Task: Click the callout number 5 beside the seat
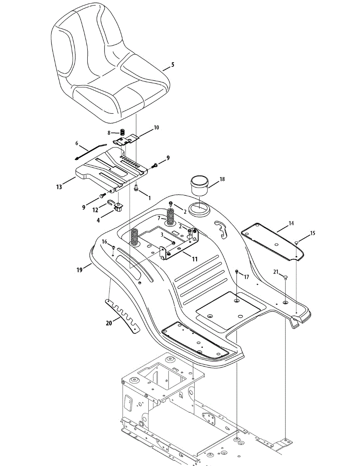172,65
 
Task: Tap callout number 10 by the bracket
145,127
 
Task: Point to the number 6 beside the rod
77,143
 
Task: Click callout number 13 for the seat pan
59,187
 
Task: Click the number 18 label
222,179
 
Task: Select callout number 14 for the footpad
291,223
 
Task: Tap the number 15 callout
313,233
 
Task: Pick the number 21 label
276,272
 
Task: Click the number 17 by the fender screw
246,276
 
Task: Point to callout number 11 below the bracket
195,258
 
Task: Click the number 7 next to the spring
158,218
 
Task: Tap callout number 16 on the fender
104,242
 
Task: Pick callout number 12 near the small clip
96,210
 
